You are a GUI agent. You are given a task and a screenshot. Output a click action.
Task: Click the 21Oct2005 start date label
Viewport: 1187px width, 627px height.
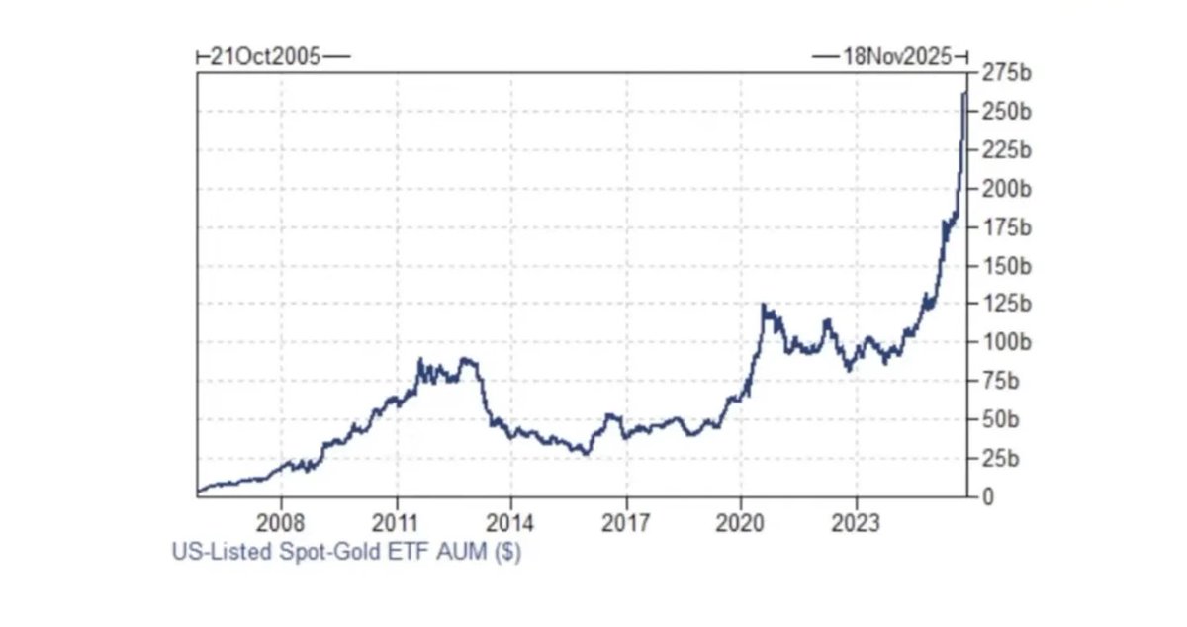point(265,56)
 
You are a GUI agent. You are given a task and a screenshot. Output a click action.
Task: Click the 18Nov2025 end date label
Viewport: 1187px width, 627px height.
point(896,56)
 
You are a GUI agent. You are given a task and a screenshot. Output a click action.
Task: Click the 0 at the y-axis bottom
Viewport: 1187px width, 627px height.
point(986,496)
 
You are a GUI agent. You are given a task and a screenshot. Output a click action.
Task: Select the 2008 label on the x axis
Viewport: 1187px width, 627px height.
point(281,521)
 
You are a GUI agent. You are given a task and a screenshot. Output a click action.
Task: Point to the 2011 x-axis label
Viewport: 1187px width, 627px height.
point(396,521)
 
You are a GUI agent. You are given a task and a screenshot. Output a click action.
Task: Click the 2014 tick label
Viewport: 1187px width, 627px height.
point(511,521)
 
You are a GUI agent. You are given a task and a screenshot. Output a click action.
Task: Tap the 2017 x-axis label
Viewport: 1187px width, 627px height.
point(626,521)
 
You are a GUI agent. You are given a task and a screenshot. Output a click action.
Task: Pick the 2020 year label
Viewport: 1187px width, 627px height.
point(741,521)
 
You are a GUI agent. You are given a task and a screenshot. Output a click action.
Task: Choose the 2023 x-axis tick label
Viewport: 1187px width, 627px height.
point(857,521)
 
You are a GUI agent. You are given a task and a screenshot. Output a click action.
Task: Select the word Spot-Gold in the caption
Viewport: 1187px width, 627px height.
point(349,552)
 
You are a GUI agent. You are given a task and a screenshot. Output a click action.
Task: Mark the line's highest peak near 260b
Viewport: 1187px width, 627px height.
point(964,93)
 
